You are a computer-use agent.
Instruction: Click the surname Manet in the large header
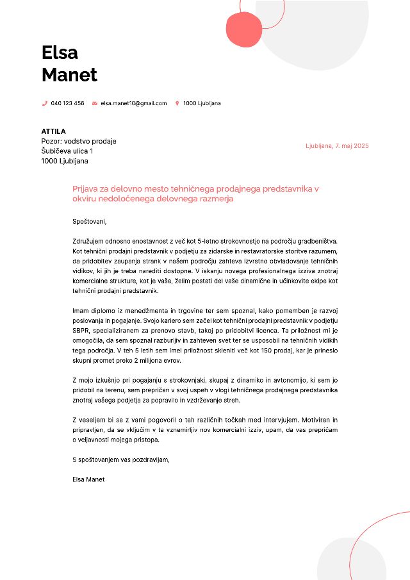69,74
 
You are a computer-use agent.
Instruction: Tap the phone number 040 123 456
67,103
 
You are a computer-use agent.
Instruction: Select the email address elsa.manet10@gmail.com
133,103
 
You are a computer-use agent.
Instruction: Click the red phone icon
45,103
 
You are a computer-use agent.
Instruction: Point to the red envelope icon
95,103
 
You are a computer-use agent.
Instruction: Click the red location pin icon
177,103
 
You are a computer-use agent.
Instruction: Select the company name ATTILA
54,131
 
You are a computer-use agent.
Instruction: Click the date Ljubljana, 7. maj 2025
337,146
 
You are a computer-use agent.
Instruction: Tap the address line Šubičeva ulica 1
67,151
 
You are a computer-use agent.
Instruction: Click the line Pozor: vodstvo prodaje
79,141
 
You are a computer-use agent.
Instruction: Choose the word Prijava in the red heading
86,189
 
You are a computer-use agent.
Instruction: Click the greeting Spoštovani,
90,222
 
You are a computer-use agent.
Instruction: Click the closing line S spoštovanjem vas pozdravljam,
121,460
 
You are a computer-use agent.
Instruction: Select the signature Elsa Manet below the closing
88,479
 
